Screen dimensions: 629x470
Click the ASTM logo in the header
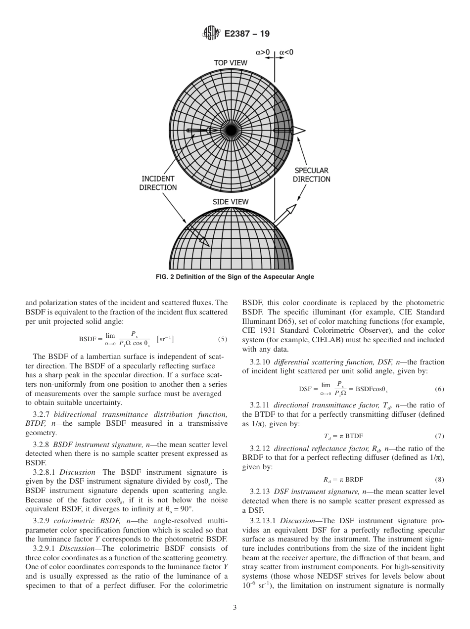210,34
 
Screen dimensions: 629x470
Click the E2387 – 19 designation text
247,34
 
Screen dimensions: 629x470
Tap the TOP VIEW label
230,63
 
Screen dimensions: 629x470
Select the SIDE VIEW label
231,202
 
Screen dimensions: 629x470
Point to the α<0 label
286,51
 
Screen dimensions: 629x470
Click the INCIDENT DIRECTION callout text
159,183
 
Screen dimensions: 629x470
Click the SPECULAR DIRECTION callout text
311,175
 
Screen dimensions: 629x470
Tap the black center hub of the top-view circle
231,130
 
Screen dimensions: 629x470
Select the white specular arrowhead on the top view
299,130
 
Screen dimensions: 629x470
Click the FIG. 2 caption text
235,277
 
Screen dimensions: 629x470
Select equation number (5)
222,340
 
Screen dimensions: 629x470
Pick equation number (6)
439,389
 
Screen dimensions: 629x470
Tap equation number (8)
439,479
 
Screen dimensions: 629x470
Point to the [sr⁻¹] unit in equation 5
165,339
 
